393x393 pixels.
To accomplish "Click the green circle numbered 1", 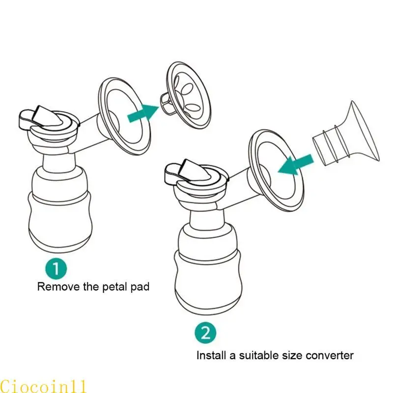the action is [x=57, y=269].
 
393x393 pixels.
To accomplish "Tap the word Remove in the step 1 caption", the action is [x=55, y=287].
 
